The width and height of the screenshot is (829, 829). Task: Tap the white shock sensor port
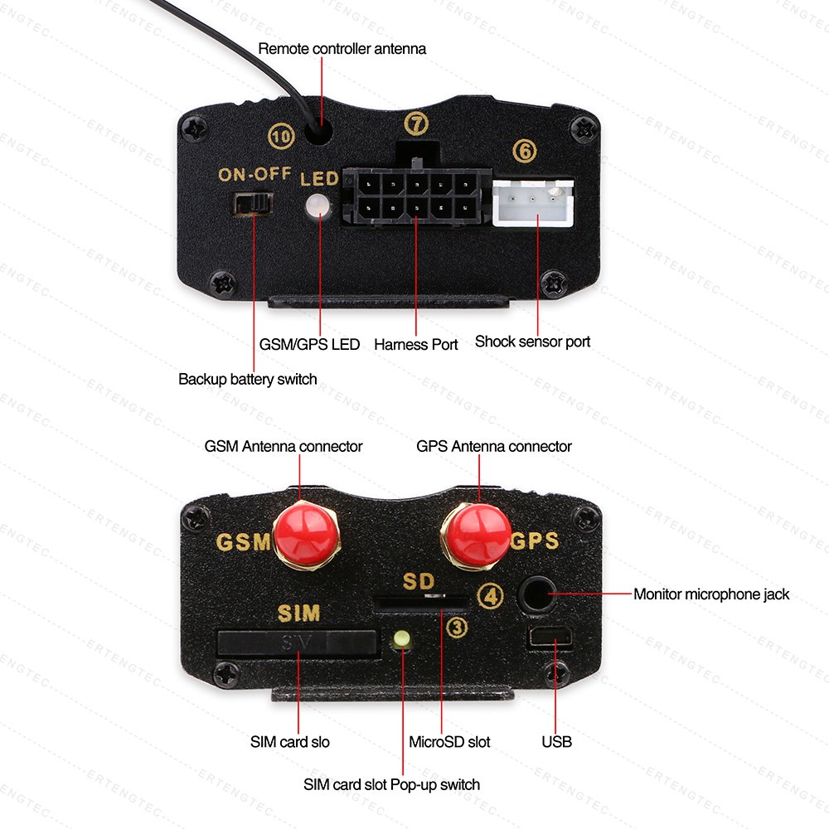pos(535,204)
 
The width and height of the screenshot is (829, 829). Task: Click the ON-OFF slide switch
pos(254,204)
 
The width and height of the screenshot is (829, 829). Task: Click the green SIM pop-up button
pos(403,638)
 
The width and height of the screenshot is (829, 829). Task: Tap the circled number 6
pos(524,151)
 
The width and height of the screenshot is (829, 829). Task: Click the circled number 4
pos(492,596)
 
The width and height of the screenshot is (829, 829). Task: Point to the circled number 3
pos(457,628)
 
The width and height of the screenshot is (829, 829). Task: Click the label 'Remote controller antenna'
pos(342,49)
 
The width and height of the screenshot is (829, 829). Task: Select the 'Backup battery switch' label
pos(247,379)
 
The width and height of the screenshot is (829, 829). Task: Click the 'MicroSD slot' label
pos(449,741)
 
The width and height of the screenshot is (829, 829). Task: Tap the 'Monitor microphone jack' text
pos(711,594)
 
